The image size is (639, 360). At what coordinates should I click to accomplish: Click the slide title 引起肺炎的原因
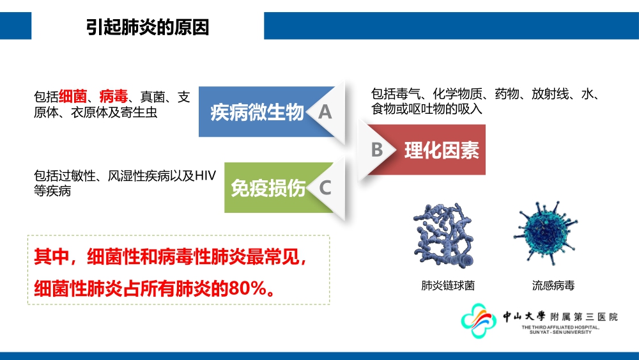[x=148, y=27]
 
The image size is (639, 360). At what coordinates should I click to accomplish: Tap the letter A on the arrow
[x=325, y=112]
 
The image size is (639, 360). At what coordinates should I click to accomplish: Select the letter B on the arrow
[x=377, y=150]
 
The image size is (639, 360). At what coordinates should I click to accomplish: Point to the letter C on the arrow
[x=325, y=188]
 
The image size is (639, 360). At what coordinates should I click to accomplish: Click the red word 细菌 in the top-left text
[x=73, y=97]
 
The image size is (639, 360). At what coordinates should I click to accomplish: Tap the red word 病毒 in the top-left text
[x=114, y=97]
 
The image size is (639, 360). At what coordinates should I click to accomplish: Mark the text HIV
[x=205, y=176]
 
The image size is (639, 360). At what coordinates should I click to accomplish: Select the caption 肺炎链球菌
[x=448, y=285]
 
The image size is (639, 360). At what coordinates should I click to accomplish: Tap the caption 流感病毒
[x=553, y=285]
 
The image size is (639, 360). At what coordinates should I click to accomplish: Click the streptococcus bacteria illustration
[x=444, y=235]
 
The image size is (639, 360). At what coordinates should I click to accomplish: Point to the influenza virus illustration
[x=545, y=232]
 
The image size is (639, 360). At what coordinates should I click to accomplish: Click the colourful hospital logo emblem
[x=479, y=320]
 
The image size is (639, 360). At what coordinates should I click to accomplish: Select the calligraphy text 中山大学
[x=524, y=317]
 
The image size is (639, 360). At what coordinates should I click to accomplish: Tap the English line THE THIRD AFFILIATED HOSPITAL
[x=560, y=327]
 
